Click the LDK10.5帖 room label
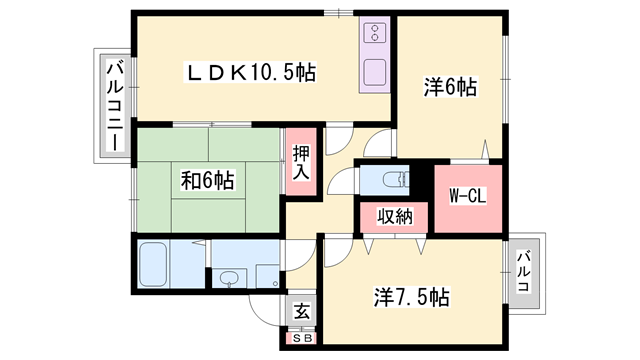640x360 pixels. (251, 73)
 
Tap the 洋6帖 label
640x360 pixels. (450, 87)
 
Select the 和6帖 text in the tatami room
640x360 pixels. (207, 180)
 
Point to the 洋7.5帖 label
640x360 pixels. (411, 297)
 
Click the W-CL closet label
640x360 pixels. (467, 196)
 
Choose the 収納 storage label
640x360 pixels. (395, 216)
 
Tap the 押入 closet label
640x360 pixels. (301, 162)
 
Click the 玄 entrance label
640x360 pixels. (302, 312)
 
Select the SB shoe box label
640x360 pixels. (303, 338)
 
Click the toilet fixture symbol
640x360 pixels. (396, 180)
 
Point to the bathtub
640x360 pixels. (153, 264)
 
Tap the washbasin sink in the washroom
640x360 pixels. (229, 278)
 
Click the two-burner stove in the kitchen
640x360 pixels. (375, 33)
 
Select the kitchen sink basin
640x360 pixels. (374, 72)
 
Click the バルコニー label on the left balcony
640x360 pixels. (115, 106)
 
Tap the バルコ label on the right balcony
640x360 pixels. (524, 272)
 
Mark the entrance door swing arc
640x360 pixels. (260, 315)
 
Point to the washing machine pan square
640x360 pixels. (268, 276)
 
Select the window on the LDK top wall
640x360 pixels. (339, 13)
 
